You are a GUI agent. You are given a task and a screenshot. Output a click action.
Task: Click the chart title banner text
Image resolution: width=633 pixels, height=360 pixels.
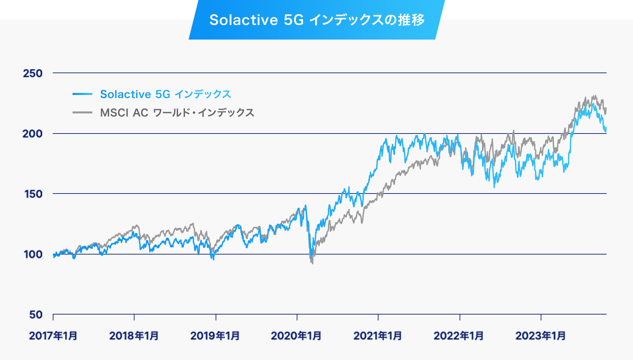tap(317, 20)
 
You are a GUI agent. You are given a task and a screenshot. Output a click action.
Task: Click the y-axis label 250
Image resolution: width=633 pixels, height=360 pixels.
tap(33, 73)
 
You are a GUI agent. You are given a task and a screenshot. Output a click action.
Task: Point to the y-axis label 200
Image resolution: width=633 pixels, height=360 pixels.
tap(32, 134)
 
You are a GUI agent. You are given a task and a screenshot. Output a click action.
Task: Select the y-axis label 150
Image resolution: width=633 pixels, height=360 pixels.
tap(33, 194)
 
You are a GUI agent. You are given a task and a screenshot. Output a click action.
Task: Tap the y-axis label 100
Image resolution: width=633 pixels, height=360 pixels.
tap(33, 254)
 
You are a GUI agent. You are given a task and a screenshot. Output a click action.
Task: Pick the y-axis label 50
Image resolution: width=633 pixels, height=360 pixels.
tap(36, 315)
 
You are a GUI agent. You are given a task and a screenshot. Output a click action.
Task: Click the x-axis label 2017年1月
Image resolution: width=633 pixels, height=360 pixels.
tap(53, 336)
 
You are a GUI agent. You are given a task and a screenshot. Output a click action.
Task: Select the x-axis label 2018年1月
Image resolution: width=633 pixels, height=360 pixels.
tap(134, 336)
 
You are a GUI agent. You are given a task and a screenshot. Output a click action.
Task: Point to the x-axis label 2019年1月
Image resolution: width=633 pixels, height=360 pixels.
tap(215, 336)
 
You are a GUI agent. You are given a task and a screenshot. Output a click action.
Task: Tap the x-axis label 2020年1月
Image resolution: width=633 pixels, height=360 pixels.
tap(296, 336)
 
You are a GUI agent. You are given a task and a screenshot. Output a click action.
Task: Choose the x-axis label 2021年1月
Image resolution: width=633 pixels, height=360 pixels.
tap(377, 336)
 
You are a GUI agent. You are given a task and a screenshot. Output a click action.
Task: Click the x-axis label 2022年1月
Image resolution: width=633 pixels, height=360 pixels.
tap(459, 336)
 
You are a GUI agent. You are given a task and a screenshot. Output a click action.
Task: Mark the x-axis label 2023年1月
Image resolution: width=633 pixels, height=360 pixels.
tap(540, 336)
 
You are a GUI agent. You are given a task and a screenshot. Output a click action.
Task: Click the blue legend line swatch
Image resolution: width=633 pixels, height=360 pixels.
tap(82, 94)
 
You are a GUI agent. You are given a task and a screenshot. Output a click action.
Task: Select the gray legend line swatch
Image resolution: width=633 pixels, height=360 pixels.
tap(82, 113)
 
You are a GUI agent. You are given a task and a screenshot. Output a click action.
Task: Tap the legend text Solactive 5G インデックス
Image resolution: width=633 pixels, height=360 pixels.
tap(166, 94)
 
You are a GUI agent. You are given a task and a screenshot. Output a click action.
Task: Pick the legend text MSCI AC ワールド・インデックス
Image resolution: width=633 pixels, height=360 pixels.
tap(177, 113)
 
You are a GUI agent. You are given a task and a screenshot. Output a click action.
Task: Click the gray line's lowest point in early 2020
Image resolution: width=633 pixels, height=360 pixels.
tap(312, 263)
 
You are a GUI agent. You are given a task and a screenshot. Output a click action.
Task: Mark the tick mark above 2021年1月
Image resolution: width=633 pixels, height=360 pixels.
tap(378, 317)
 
